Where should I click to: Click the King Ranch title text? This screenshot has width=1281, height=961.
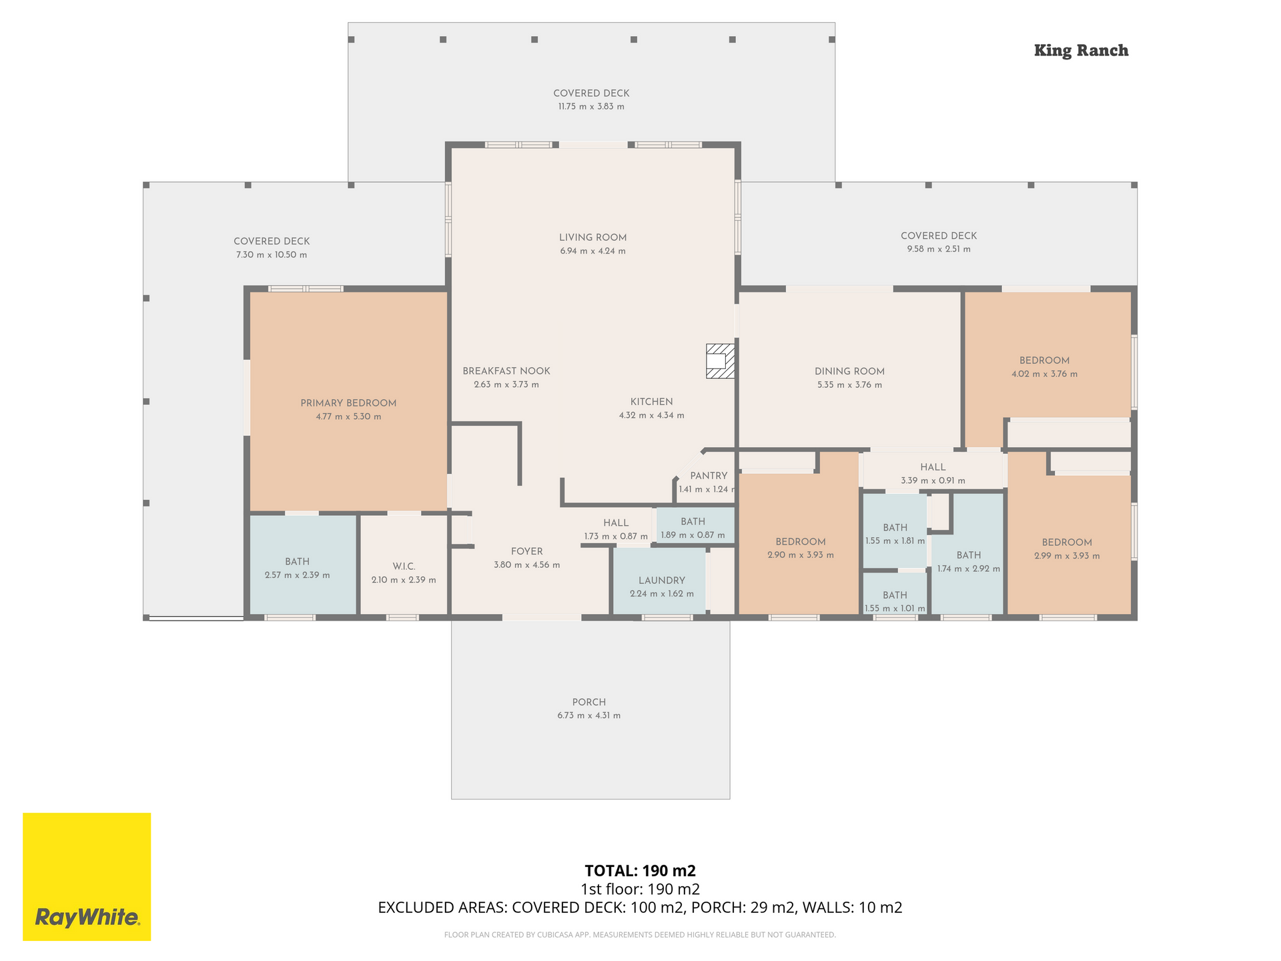(1081, 51)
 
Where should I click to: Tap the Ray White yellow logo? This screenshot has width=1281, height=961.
(87, 876)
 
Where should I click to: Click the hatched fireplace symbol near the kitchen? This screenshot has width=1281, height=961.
(721, 361)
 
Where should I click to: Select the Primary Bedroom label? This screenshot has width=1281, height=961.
(348, 403)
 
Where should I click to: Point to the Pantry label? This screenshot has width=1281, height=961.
(709, 476)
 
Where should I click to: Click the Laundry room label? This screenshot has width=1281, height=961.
(661, 581)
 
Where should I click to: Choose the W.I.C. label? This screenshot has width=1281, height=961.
(404, 567)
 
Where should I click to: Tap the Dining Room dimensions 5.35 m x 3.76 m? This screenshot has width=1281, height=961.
(849, 385)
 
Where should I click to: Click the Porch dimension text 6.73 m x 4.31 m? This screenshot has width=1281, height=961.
(589, 715)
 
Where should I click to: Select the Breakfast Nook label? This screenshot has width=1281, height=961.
(506, 371)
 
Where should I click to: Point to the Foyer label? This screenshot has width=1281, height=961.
(526, 551)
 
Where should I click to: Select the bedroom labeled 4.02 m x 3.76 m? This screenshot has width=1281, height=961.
(1044, 360)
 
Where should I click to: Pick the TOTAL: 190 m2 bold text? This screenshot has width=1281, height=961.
(640, 870)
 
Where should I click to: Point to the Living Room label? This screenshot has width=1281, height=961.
(592, 238)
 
